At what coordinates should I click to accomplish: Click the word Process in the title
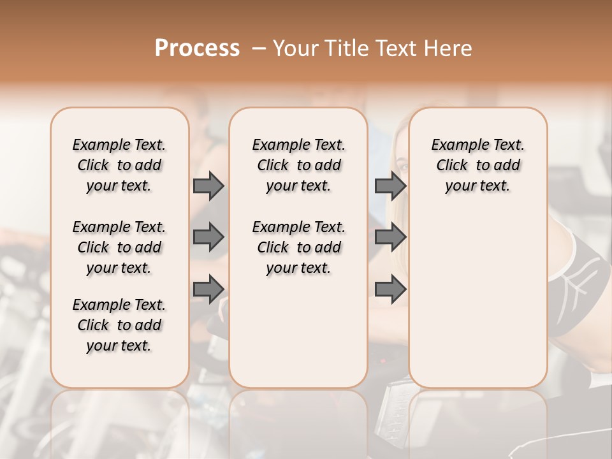point(197,48)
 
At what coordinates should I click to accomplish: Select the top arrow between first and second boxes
point(208,186)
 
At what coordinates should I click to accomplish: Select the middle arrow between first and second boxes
point(208,237)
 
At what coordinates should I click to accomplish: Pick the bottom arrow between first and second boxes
point(208,289)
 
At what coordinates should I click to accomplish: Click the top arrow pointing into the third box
point(390,186)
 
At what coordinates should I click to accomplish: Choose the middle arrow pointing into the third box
point(390,237)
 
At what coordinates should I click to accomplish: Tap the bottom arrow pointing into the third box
point(390,289)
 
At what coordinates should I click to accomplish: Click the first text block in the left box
point(119,165)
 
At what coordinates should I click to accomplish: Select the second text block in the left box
point(119,247)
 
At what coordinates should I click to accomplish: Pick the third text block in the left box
point(119,325)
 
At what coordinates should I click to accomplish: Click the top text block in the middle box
point(298,165)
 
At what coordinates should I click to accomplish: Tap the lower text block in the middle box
point(298,247)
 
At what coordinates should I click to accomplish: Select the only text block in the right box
point(477,165)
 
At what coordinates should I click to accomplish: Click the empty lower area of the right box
point(477,300)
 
